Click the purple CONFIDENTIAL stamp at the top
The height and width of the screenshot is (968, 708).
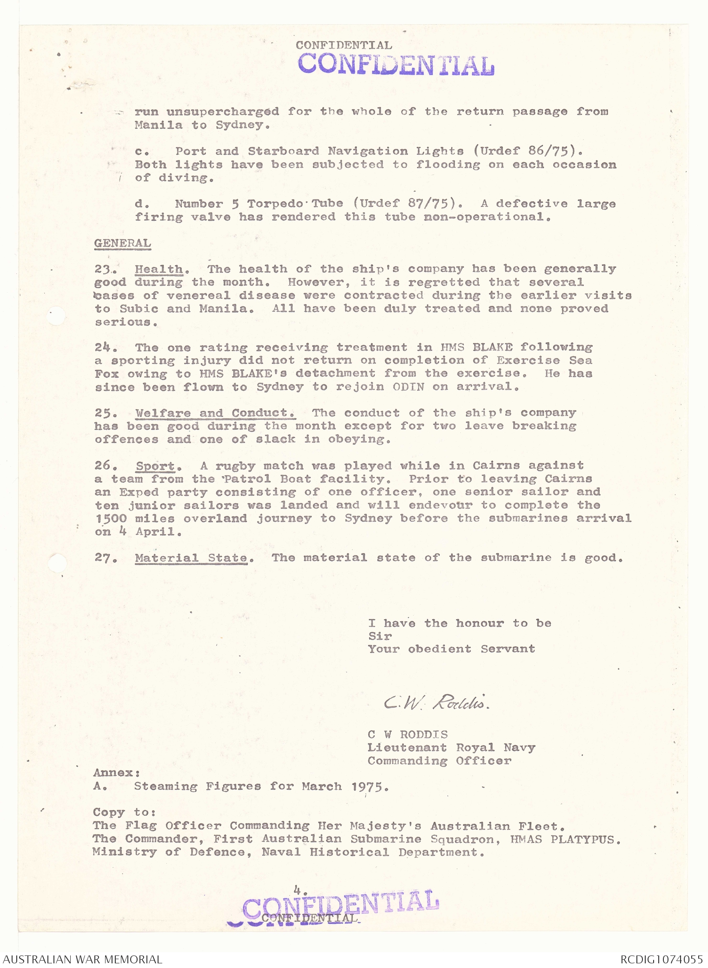coord(396,65)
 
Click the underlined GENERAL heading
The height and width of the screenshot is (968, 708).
coord(122,243)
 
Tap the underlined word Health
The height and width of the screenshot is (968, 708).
coord(159,269)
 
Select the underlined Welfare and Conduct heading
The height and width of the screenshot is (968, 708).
coord(215,413)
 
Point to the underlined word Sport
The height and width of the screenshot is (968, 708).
coord(155,466)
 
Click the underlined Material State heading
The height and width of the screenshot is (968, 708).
coord(191,557)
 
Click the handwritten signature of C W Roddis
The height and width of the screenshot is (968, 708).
coord(436,703)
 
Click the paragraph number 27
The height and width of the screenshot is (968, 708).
coord(105,557)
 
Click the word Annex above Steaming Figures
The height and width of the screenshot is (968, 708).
coord(116,773)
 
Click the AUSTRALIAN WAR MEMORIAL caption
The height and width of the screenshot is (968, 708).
coord(83,959)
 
